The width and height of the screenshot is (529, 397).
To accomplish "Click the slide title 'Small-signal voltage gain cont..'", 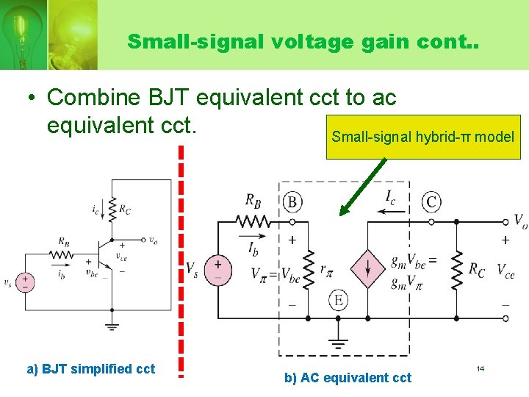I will point(303,41).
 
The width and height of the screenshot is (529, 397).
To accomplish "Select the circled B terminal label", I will point(292,201).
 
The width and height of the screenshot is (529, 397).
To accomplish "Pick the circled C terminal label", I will point(431,201).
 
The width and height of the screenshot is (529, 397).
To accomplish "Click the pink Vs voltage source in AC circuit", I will point(217,269).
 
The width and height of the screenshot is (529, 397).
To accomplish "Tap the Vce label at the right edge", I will point(505,271).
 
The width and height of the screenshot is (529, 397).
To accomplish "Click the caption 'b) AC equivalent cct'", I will point(348,378).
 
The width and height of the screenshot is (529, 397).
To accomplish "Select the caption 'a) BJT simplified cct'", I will point(91,369).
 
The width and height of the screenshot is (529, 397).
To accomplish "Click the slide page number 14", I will point(480,368).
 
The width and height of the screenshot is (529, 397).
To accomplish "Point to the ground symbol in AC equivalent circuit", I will point(338,343).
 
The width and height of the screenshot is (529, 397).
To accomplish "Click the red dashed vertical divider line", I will point(181,257).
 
